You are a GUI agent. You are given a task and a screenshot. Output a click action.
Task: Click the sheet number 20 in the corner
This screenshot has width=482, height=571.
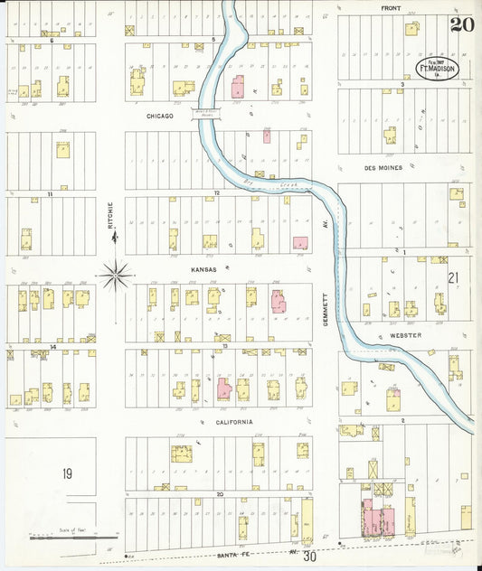(x=464, y=25)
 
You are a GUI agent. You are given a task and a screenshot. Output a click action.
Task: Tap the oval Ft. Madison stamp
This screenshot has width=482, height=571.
(x=438, y=68)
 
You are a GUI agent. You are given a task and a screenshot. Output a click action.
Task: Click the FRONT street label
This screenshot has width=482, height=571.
(x=391, y=8)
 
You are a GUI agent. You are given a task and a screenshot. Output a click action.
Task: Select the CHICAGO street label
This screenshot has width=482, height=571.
(x=159, y=117)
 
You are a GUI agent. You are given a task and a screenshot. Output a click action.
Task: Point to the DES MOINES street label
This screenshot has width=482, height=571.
(x=383, y=167)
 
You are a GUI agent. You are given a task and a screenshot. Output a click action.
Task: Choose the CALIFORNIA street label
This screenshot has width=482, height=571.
(x=234, y=422)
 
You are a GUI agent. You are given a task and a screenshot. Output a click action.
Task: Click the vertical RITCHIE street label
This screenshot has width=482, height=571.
(x=111, y=214)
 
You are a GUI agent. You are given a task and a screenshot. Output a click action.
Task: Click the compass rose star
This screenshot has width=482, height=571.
(x=116, y=275)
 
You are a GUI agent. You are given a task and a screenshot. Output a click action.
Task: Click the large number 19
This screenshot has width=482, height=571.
(x=66, y=474)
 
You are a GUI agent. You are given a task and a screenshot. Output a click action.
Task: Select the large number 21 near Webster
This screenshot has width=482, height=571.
(x=454, y=277)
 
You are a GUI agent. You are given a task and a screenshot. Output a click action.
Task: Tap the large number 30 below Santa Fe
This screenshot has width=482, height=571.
(x=310, y=557)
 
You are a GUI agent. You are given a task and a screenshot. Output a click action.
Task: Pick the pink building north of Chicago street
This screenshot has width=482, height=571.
(x=238, y=89)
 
